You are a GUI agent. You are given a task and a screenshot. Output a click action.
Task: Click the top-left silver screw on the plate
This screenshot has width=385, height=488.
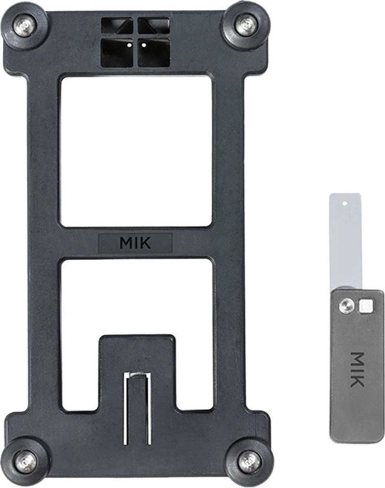[24, 26]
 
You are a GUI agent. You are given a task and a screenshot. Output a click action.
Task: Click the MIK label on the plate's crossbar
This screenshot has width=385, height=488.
[135, 243]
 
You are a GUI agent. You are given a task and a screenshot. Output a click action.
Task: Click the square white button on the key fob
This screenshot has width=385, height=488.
[365, 305]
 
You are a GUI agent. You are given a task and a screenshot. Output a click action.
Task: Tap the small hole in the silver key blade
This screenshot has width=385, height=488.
[344, 202]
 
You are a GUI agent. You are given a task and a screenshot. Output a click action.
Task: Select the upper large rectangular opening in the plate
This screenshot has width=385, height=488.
[136, 150]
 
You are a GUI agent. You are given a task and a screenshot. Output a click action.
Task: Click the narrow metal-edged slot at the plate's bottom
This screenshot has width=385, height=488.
[137, 407]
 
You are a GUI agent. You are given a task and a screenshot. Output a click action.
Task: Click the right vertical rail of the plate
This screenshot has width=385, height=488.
[229, 244]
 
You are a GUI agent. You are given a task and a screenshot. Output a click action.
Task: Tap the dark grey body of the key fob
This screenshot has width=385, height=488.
[356, 407]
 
